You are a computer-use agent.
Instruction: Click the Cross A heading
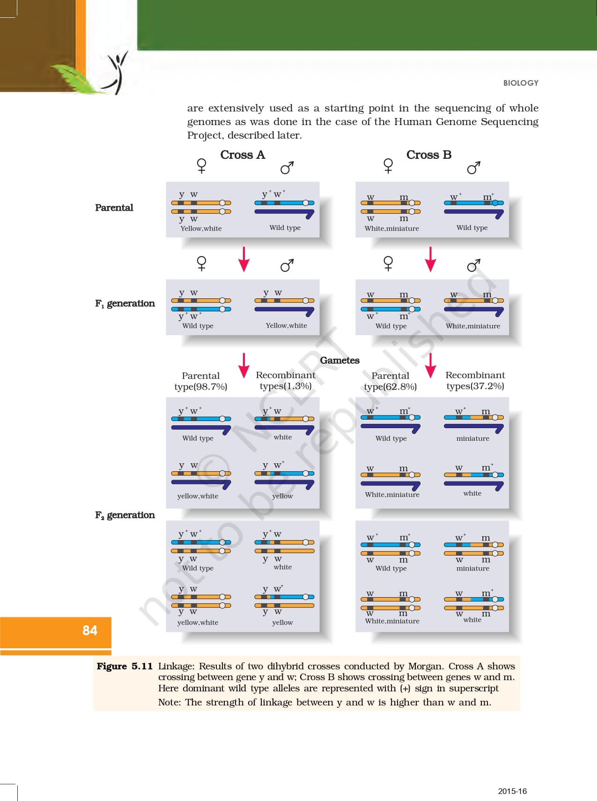click(243, 155)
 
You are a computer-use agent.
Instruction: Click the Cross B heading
click(429, 155)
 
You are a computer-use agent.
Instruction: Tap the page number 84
click(90, 630)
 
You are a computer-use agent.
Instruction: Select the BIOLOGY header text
click(521, 83)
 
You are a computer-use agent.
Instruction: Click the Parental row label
click(114, 208)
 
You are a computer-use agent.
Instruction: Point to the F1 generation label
click(125, 304)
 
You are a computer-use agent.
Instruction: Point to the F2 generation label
click(125, 515)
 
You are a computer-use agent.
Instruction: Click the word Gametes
click(340, 360)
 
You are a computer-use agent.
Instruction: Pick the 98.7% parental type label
click(201, 381)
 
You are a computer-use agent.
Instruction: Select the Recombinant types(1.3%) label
click(286, 381)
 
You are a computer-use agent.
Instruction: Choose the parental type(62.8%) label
click(391, 381)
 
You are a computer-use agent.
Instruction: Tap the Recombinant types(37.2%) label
click(475, 381)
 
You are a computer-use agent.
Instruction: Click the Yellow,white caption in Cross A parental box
click(201, 229)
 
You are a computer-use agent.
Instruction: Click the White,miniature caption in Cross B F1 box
click(473, 326)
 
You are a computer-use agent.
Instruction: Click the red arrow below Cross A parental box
click(243, 259)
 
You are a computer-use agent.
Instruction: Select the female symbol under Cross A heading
click(202, 166)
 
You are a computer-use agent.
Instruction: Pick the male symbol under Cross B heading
click(474, 168)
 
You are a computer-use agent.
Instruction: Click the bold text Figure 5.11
click(125, 666)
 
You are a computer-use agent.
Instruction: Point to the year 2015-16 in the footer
click(512, 791)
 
